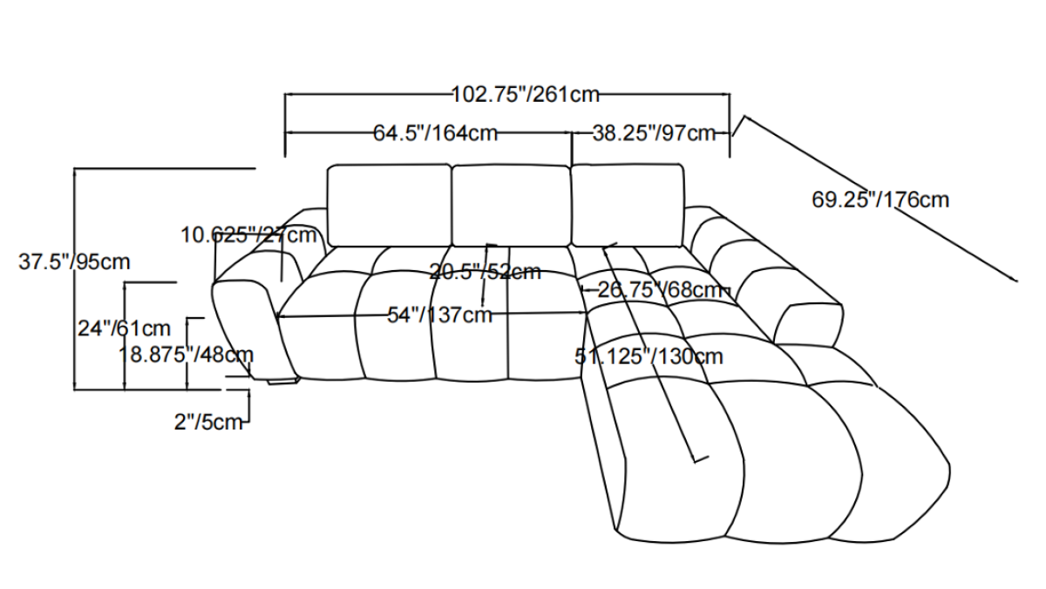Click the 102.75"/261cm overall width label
click(526, 95)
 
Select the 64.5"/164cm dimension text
click(436, 133)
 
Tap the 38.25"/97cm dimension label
click(655, 133)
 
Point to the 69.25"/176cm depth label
click(880, 200)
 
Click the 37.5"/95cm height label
click(74, 262)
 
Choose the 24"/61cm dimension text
click(124, 328)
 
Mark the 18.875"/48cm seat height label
click(186, 355)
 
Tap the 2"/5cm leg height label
click(208, 423)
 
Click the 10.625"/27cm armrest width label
click(249, 234)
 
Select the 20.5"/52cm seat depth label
click(486, 272)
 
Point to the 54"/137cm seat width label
click(440, 315)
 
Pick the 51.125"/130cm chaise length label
click(649, 356)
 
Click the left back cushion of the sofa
click(389, 205)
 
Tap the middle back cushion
click(511, 205)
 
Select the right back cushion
click(628, 205)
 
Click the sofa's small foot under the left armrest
click(283, 381)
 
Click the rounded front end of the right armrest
click(809, 325)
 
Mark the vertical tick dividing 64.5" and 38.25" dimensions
click(573, 148)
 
